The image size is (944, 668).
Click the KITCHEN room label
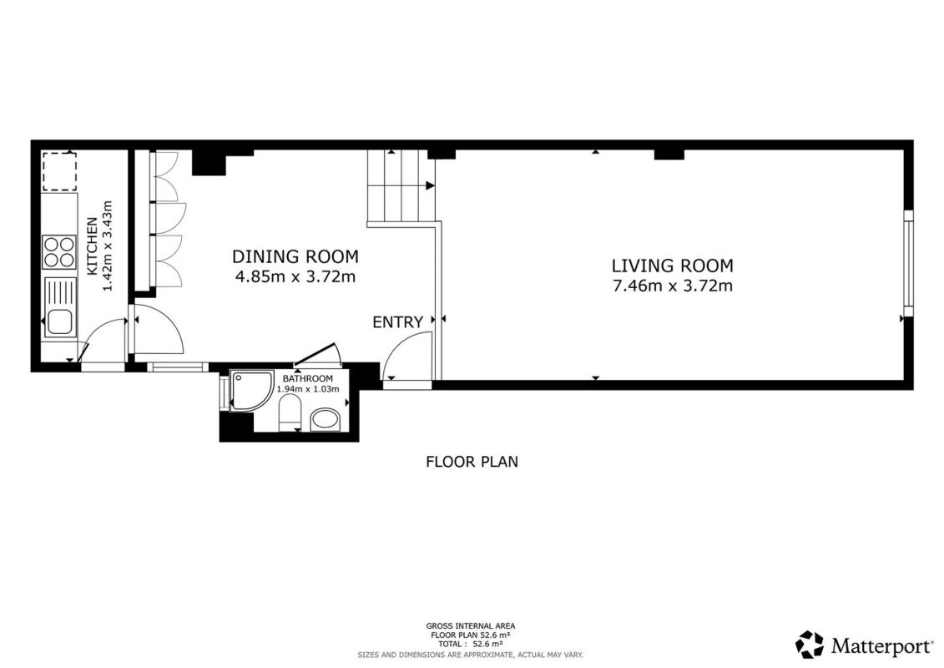tap(92, 246)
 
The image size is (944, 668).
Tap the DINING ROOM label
tap(295, 256)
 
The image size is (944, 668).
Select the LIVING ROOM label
tap(673, 266)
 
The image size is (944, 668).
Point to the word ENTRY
tap(398, 322)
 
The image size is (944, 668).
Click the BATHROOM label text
tap(308, 378)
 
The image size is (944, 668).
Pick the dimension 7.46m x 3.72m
tap(673, 286)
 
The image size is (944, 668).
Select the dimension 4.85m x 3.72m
tap(295, 276)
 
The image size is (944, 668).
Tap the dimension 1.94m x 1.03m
tap(308, 389)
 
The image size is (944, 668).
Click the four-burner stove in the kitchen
tap(59, 252)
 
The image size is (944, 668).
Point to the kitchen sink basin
tap(59, 321)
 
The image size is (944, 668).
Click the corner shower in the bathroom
tap(251, 391)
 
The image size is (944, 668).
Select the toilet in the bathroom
tap(290, 416)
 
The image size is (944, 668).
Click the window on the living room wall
tap(908, 263)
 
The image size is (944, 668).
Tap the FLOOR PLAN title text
tap(472, 462)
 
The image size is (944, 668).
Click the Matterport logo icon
tap(810, 645)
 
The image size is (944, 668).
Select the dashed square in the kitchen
tap(59, 172)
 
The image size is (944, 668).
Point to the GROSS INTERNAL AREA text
tap(471, 626)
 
